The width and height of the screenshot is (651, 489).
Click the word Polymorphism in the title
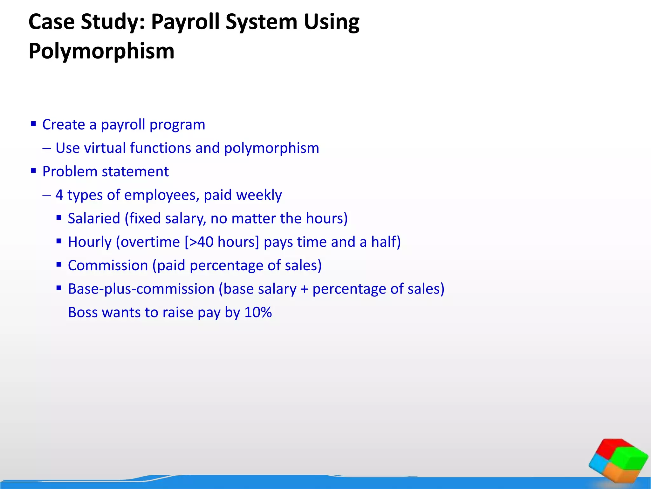(x=101, y=51)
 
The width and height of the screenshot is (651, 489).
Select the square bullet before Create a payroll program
(x=33, y=124)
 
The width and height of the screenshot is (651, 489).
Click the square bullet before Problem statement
(x=33, y=171)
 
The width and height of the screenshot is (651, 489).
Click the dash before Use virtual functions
(x=46, y=148)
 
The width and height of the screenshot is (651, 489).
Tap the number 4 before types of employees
(x=59, y=195)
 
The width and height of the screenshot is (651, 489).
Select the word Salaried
(x=94, y=218)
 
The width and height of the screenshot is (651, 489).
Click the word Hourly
(x=90, y=242)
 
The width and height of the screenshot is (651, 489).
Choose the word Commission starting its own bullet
(x=108, y=266)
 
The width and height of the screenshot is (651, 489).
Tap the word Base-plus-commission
(x=141, y=289)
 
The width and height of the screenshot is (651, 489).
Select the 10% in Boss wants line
(x=258, y=312)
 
